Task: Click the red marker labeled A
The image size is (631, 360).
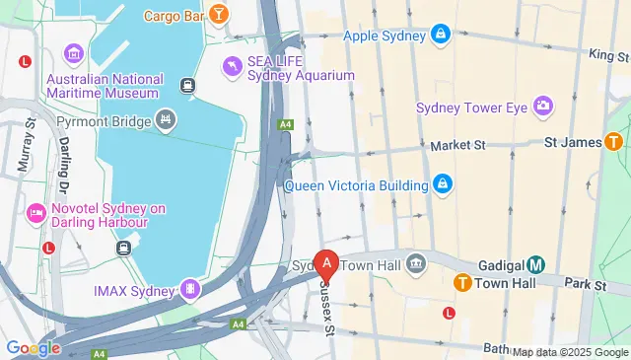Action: [326, 263]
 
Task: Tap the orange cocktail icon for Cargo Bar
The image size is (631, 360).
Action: [220, 15]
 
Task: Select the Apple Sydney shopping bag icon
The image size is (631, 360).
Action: [440, 36]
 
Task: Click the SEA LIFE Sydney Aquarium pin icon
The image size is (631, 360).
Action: [231, 66]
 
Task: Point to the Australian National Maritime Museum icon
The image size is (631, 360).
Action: [73, 52]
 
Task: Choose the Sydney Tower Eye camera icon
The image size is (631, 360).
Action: [542, 106]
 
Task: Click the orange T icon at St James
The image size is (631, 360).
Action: [614, 143]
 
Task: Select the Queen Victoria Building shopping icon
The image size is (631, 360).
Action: [444, 184]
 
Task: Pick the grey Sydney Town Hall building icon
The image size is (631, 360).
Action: [416, 263]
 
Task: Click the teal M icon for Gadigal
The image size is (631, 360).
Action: [535, 264]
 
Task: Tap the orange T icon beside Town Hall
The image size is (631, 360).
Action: [461, 283]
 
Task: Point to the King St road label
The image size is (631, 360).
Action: [608, 55]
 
